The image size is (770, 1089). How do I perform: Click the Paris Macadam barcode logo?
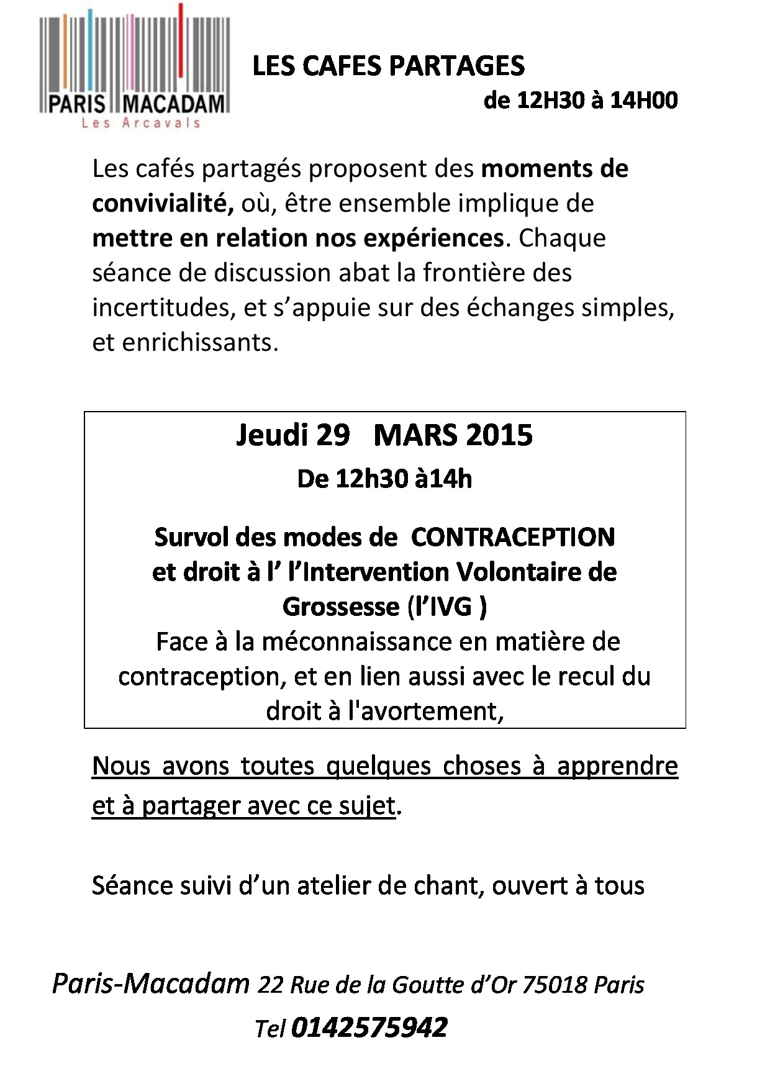tap(135, 65)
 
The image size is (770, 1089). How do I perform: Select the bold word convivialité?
tap(163, 204)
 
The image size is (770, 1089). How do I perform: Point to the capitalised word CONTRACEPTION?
tap(513, 537)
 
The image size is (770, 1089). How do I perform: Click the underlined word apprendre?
tap(617, 766)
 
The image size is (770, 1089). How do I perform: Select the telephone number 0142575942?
tap(369, 1027)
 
